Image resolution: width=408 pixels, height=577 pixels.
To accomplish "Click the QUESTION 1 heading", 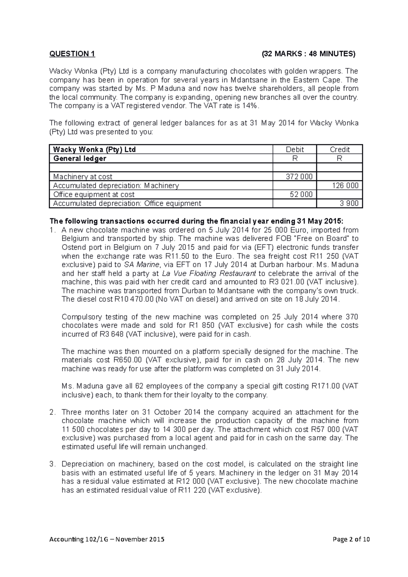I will tap(72, 54).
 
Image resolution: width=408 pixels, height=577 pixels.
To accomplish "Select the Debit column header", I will tap(294, 150).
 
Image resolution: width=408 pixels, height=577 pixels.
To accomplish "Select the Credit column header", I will tap(339, 150).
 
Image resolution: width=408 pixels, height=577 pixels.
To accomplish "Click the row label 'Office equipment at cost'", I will tap(94, 194).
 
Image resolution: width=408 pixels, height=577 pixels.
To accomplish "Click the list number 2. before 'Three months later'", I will tap(52, 412).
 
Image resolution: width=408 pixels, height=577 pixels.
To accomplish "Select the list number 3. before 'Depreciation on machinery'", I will tap(52, 464).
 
